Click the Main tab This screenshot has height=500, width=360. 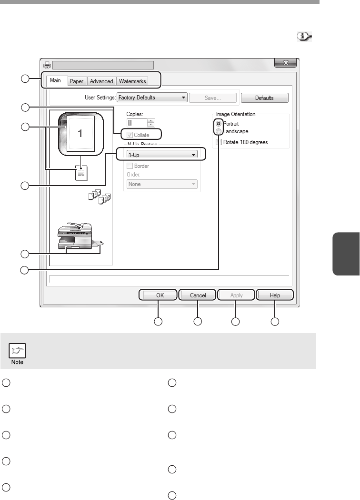pos(56,81)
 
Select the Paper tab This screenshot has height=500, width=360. pos(77,81)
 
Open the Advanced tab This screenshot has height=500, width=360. pos(101,81)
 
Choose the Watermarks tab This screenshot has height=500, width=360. pos(133,81)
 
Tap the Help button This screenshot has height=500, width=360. pos(275,295)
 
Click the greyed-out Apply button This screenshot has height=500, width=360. pos(236,295)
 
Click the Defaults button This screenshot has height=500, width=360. pos(264,98)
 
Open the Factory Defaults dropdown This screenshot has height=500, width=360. pos(151,98)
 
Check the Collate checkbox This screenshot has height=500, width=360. pos(130,135)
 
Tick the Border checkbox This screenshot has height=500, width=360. pos(130,167)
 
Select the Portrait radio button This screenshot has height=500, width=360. pos(219,123)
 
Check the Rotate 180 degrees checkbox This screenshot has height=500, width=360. pos(219,142)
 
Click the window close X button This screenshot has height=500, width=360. pos(286,63)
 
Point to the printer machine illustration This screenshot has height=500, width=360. pos(79,235)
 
